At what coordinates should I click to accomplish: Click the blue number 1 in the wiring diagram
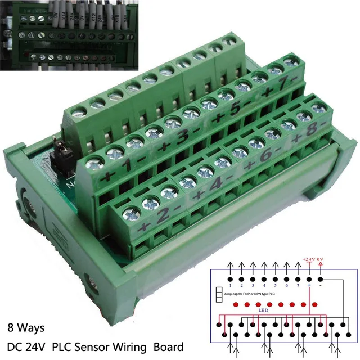point(231,286)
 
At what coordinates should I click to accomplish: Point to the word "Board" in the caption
point(169,345)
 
